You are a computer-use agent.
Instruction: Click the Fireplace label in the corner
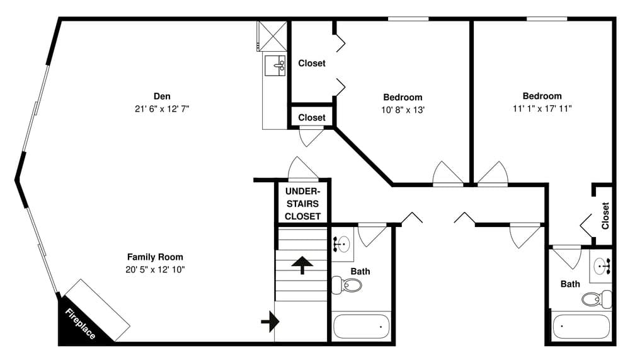click(80, 323)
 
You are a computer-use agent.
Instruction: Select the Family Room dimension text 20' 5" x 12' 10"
click(155, 269)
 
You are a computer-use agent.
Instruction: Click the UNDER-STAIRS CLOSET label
click(302, 203)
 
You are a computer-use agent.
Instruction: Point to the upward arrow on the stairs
click(302, 265)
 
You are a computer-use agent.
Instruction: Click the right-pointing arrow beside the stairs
click(270, 322)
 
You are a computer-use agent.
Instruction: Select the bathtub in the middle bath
click(361, 327)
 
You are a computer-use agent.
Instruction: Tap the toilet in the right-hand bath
click(595, 298)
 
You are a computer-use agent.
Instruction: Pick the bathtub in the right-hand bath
click(580, 327)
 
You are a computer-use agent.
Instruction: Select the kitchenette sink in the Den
click(275, 65)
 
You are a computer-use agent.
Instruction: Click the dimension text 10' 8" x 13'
click(403, 109)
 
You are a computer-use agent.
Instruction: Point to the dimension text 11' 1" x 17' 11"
click(542, 108)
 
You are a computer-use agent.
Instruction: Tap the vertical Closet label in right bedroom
click(605, 215)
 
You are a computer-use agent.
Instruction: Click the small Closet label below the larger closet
click(312, 117)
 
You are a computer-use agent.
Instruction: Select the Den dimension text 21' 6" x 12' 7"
click(162, 108)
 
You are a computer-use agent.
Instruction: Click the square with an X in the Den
click(272, 37)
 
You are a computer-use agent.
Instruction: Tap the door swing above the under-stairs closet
click(302, 169)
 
